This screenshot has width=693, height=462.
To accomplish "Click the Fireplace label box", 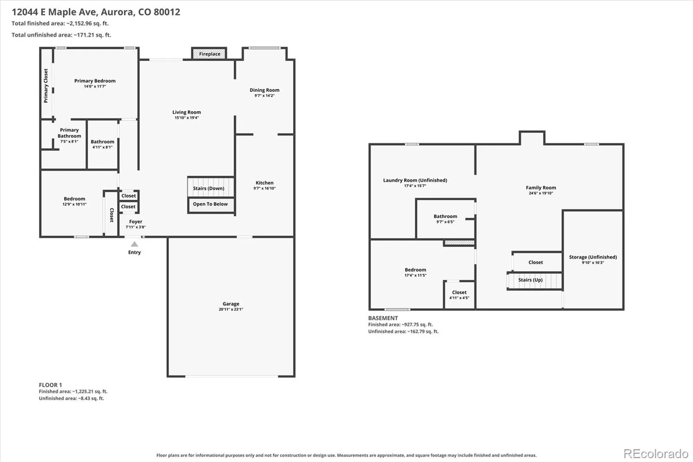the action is (210, 54).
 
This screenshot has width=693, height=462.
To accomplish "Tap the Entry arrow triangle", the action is (134, 244).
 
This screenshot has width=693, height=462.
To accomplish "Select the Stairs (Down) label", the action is (208, 188).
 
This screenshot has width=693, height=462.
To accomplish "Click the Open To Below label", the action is (210, 204).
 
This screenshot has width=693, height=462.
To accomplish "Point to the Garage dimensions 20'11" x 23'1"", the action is (231, 309).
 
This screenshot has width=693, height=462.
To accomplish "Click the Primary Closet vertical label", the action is (46, 86).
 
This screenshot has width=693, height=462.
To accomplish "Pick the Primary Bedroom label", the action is (95, 81).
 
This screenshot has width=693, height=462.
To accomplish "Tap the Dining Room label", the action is (265, 90).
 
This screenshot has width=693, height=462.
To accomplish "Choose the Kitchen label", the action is (265, 183).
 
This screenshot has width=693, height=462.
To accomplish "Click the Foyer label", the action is (136, 222).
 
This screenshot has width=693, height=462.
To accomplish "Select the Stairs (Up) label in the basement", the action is (531, 280).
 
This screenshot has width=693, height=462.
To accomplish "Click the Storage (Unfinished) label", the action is (593, 257).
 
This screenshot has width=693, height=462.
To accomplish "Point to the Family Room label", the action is (541, 188).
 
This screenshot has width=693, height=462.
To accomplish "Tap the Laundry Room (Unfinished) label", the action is (415, 180).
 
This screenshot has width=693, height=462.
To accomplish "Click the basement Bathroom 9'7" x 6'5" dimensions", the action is (445, 222).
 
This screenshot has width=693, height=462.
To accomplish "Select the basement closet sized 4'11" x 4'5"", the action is (459, 295).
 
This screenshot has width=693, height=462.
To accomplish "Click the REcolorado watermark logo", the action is (656, 454).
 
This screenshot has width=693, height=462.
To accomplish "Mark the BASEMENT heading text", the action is (383, 318).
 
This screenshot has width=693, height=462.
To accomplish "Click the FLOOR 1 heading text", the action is (50, 385).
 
